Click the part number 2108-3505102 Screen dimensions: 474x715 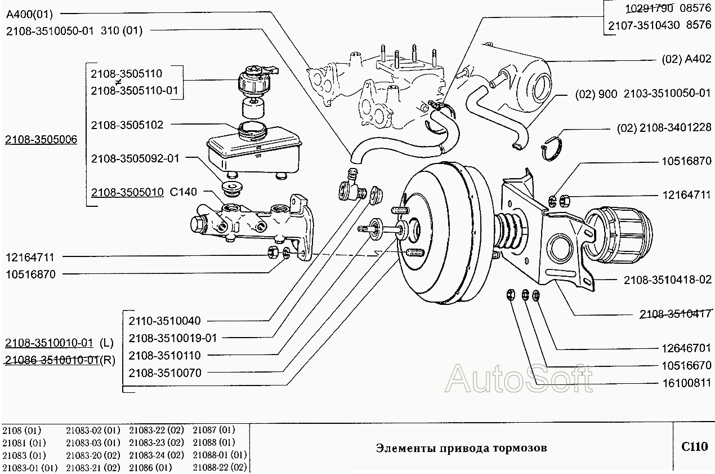tap(127, 125)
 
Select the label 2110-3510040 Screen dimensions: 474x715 tap(164, 321)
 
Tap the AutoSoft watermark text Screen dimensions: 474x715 tap(519, 378)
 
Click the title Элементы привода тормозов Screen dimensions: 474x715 tap(461, 449)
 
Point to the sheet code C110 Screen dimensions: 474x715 tap(694, 448)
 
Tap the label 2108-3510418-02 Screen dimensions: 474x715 tap(667, 280)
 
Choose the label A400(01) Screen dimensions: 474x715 tap(29, 15)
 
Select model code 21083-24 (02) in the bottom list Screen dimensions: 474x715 tap(156, 455)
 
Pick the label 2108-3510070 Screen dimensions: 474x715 tap(164, 373)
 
